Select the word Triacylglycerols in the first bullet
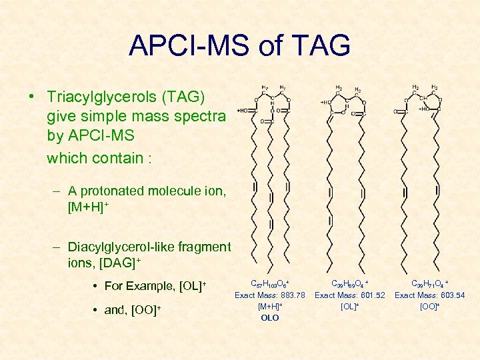point(99,97)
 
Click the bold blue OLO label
point(269,318)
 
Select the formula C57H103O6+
point(269,284)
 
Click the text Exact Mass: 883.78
point(269,295)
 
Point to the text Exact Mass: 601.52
point(349,295)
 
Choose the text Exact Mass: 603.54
point(429,295)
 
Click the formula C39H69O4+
point(349,284)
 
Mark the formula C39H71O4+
point(429,284)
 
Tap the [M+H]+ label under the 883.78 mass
point(269,307)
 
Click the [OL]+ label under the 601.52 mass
point(349,307)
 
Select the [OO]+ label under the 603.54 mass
point(429,307)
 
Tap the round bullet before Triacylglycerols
point(32,97)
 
